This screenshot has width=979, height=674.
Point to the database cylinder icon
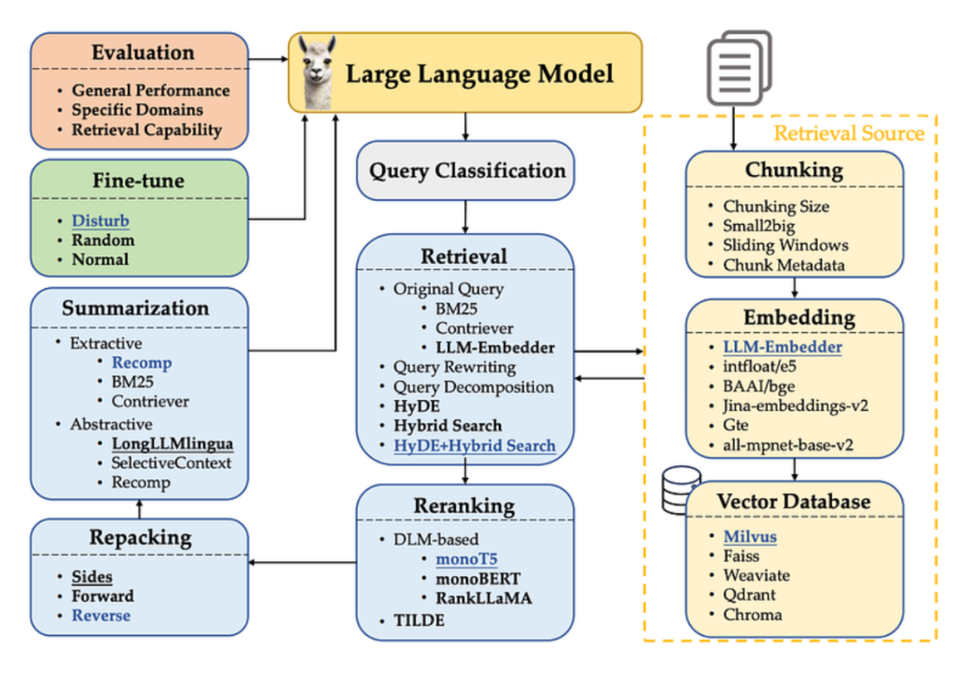coord(681,490)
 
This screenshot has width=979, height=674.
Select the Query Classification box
coord(466,171)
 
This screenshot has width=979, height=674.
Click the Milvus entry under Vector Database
coord(750,536)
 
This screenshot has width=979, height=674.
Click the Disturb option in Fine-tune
coord(101,221)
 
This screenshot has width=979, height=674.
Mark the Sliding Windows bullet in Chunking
coord(785,245)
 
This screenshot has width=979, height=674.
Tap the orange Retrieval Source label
coord(848,133)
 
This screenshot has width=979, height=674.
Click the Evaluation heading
coord(143,53)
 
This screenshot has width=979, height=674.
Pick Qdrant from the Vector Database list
coord(749,595)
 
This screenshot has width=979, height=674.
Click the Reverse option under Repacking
coord(101,615)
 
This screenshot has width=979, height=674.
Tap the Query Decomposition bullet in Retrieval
coord(472,386)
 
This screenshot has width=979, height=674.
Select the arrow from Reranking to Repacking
coord(302,563)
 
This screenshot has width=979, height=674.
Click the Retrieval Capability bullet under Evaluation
coord(147,130)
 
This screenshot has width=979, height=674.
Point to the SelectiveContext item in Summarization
coord(171,463)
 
